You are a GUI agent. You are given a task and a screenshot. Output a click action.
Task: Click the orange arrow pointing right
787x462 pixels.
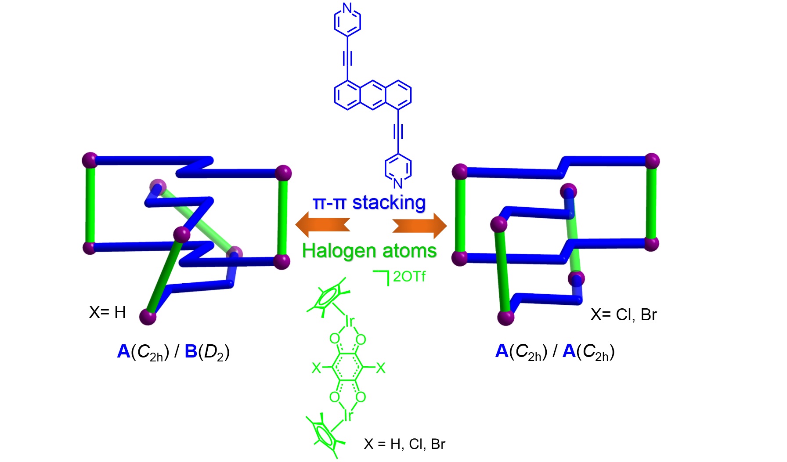pos(420,226)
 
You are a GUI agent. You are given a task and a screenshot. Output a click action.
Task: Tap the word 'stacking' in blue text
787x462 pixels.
pos(389,203)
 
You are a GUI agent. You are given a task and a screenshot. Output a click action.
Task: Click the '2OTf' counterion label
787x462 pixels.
pos(409,277)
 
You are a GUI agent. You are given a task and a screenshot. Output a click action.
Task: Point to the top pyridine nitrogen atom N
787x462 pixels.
pos(347,7)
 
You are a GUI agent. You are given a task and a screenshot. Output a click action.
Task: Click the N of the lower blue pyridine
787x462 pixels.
pos(398,183)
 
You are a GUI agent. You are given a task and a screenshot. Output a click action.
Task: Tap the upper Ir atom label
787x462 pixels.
pos(350,321)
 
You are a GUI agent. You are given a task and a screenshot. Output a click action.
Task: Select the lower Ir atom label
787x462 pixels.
pos(348,415)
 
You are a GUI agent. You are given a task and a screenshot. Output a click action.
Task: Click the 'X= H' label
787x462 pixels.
pos(107,312)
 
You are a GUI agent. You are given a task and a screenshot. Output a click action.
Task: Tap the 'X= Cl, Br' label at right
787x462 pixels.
pos(623,314)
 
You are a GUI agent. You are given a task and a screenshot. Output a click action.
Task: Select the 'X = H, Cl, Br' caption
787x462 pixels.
pos(404,444)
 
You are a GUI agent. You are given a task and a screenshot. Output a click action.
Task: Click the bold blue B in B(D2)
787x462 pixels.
pos(191,351)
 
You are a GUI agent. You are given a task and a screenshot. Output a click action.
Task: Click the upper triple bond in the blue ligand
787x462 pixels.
pos(347,58)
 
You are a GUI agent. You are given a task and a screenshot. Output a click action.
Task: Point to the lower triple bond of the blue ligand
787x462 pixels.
pos(398,131)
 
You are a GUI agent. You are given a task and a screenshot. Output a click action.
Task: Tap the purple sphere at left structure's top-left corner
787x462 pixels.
pos(90,160)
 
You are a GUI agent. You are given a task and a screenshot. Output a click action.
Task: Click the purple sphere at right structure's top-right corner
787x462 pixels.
pos(652,161)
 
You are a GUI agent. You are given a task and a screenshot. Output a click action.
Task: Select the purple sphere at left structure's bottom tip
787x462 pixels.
pos(148,316)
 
